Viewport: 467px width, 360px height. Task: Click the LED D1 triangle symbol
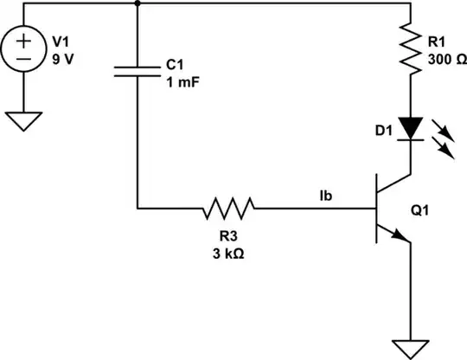click(x=408, y=125)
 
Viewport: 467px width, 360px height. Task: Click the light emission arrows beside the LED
click(x=443, y=140)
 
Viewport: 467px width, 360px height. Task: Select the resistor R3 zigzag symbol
click(x=229, y=208)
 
